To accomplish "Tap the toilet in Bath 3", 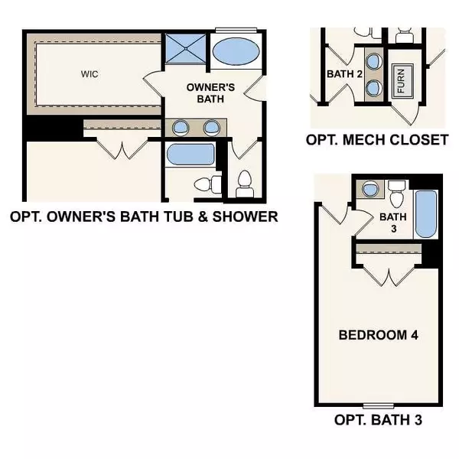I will [x=396, y=195].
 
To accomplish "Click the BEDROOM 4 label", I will [x=378, y=335].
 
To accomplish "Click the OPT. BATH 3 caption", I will [x=378, y=420].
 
